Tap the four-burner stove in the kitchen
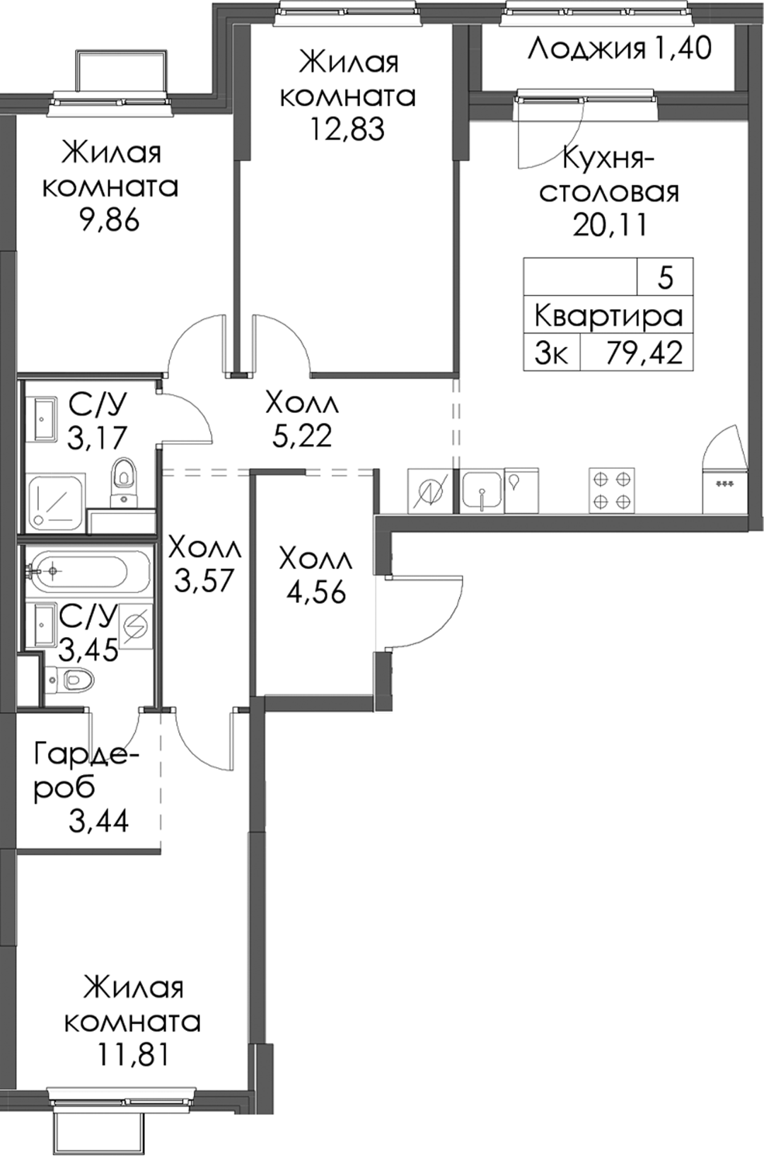tap(612, 490)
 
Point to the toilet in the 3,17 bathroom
tap(124, 482)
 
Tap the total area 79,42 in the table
tap(644, 353)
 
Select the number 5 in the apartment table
tap(666, 278)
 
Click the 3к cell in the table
tap(552, 354)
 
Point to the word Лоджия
tap(586, 49)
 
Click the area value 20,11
tap(609, 225)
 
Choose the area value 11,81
tap(132, 1055)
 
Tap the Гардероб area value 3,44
tap(98, 821)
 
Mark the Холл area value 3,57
tap(205, 580)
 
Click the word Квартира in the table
tap(608, 316)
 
